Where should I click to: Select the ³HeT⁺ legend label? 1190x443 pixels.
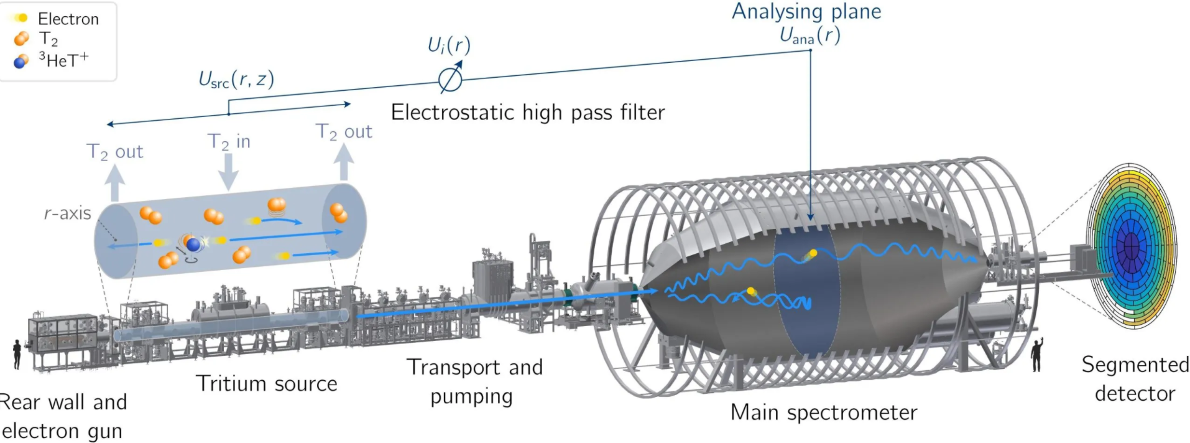pos(63,60)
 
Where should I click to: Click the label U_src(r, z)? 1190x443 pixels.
pos(236,80)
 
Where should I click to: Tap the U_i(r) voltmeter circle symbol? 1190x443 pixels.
pos(450,80)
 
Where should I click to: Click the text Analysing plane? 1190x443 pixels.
pos(806,11)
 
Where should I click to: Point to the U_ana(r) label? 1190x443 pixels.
pos(810,35)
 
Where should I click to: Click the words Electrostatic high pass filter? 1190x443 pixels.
pos(528,113)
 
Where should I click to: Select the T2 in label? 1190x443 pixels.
pos(229,142)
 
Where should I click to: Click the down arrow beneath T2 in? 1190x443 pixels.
pos(229,172)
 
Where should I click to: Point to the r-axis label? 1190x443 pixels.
pos(67,213)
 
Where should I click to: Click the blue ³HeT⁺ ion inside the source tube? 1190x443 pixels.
pos(194,245)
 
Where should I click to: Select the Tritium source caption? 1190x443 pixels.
pos(267,383)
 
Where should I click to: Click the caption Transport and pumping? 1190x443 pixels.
pos(474,381)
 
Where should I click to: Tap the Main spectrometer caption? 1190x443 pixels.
pos(824,413)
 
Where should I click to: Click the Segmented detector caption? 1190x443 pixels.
pos(1135,379)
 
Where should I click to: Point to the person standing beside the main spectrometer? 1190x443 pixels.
pos(1036,355)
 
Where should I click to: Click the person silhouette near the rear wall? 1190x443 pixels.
pos(17,354)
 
